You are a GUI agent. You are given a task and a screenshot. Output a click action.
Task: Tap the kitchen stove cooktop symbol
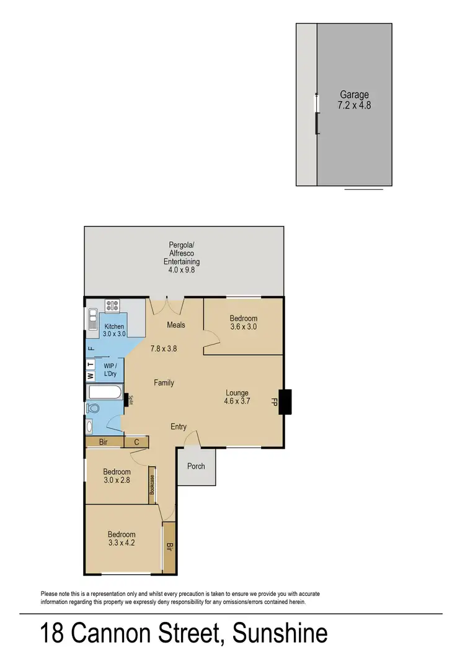pyautogui.click(x=112, y=305)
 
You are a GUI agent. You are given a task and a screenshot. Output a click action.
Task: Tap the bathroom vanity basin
pyautogui.click(x=90, y=426)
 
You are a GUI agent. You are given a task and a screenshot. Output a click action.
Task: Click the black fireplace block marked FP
pyautogui.click(x=285, y=402)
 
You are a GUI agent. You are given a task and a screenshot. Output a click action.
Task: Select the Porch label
pyautogui.click(x=196, y=466)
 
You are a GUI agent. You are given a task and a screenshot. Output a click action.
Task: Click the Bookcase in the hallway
pyautogui.click(x=151, y=485)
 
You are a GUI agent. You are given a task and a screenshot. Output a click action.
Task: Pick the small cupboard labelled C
pyautogui.click(x=136, y=442)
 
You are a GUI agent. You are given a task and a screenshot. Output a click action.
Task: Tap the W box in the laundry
pyautogui.click(x=90, y=376)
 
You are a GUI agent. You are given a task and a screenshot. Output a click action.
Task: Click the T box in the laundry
pyautogui.click(x=90, y=364)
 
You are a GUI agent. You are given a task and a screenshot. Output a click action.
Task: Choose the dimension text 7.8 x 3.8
pyautogui.click(x=164, y=349)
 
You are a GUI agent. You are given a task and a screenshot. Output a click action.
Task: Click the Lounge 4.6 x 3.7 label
pyautogui.click(x=237, y=397)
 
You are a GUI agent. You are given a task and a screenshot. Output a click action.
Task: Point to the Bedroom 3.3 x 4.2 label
pyautogui.click(x=122, y=539)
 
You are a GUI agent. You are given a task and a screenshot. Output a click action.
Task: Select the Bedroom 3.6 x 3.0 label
pyautogui.click(x=243, y=323)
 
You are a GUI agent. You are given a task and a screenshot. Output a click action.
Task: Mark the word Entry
pyautogui.click(x=179, y=426)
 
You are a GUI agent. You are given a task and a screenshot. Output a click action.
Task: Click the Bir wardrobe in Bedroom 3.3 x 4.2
pyautogui.click(x=169, y=547)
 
